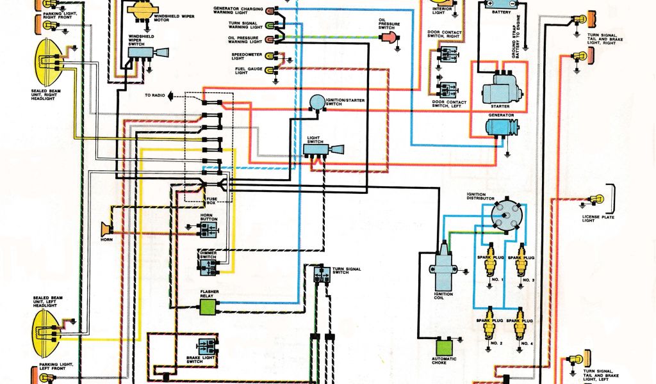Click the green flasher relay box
point(208,308)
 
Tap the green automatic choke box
point(443,346)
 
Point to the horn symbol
point(106,228)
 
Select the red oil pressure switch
point(389,36)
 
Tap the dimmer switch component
point(208,267)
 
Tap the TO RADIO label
point(154,95)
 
